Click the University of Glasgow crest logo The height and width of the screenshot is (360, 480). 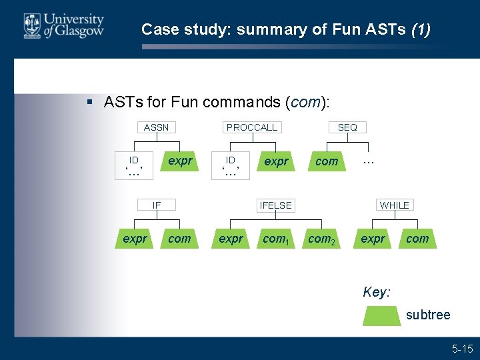pyautogui.click(x=31, y=25)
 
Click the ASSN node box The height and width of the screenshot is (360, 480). pyautogui.click(x=157, y=127)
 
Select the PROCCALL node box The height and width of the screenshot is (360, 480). pyautogui.click(x=252, y=127)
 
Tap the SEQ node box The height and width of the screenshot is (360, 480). pyautogui.click(x=347, y=127)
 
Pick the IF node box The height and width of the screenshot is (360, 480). pyautogui.click(x=157, y=205)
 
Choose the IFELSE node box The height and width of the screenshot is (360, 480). pyautogui.click(x=276, y=205)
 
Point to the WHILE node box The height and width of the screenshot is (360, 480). pyautogui.click(x=395, y=205)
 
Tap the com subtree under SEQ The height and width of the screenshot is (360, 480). pyautogui.click(x=327, y=161)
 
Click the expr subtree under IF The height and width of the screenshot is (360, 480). pyautogui.click(x=135, y=239)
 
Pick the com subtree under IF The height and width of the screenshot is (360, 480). pyautogui.click(x=179, y=239)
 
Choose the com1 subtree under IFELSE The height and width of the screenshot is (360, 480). pyautogui.click(x=275, y=239)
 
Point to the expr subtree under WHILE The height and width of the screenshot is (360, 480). pyautogui.click(x=373, y=239)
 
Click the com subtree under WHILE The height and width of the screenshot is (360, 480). pyautogui.click(x=417, y=239)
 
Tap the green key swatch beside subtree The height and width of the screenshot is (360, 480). pyautogui.click(x=382, y=315)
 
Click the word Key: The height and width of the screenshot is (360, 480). pyautogui.click(x=377, y=292)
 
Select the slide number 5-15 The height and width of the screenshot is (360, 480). pyautogui.click(x=462, y=348)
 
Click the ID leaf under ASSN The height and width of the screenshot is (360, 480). pyautogui.click(x=134, y=161)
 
